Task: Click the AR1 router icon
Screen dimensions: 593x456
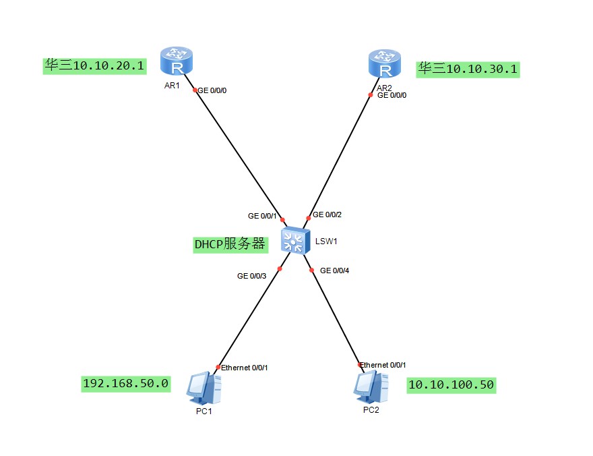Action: point(177,61)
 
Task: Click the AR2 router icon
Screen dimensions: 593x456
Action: point(385,63)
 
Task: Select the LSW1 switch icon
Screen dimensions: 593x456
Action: point(295,241)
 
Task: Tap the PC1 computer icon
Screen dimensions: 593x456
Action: point(204,388)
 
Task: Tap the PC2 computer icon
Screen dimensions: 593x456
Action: point(371,387)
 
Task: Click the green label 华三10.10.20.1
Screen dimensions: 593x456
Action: point(94,66)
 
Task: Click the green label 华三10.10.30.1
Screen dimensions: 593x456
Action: point(468,69)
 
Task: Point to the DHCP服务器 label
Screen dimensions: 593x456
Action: point(230,244)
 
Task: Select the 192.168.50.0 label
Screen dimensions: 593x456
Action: point(126,384)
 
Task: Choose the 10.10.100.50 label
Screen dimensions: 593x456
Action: point(451,385)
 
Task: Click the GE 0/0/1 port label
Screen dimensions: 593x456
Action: point(262,216)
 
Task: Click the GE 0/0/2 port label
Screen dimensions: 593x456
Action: point(327,215)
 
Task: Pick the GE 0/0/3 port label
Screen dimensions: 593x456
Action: point(251,277)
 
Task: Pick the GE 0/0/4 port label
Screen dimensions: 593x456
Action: point(334,270)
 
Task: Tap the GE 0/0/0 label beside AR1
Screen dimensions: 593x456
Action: point(212,90)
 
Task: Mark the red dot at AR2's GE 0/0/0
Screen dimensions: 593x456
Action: point(371,95)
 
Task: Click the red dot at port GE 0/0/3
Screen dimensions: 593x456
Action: point(280,269)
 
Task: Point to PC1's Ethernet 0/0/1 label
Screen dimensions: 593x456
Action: point(245,368)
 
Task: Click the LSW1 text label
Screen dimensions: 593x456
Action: point(326,241)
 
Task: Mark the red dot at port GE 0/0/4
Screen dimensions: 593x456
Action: point(311,270)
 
